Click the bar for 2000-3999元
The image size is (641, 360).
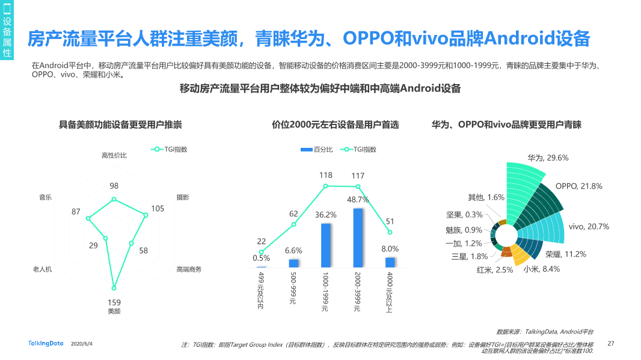(358, 237)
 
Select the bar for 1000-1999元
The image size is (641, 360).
(325, 245)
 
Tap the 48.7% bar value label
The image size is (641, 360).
(358, 200)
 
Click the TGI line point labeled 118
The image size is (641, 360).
(326, 186)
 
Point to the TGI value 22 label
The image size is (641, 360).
(261, 241)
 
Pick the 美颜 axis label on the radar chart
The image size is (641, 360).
(114, 311)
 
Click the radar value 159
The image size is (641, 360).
(114, 302)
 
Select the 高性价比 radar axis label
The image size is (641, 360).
(114, 156)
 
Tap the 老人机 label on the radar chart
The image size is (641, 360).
(42, 269)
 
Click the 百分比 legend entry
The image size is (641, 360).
(316, 150)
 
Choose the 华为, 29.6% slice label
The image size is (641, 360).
(548, 158)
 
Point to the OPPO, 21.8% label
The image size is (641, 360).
(578, 186)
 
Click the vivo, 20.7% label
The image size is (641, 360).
(589, 227)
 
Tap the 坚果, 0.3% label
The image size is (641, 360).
(465, 215)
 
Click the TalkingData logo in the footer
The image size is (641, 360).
(46, 344)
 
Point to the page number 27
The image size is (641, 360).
(611, 344)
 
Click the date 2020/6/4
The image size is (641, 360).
(82, 344)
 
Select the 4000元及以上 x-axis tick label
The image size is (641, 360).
(390, 292)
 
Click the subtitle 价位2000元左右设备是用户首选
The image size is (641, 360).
(335, 125)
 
